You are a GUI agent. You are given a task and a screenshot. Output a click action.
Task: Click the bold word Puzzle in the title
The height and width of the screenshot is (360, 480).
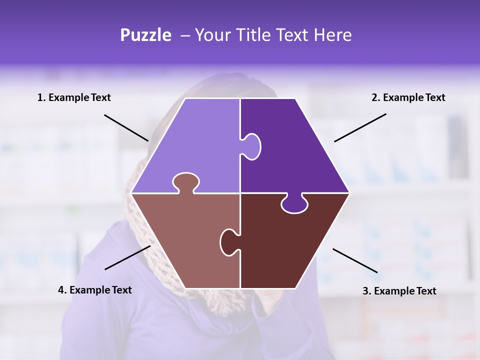tap(145, 35)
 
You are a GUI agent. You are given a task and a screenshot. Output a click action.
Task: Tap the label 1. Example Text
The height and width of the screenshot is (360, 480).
tap(74, 97)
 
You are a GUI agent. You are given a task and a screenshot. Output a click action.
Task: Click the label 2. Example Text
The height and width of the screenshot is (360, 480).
tap(408, 97)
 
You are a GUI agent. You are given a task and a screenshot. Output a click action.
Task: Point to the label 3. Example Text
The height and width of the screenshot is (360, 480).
tap(399, 291)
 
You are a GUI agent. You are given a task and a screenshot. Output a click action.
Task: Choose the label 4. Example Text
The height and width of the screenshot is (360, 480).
tap(95, 290)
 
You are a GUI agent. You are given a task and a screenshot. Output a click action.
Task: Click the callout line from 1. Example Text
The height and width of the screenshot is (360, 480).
tap(126, 127)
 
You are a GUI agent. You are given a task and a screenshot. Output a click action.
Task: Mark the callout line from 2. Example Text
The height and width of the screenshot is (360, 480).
tap(360, 127)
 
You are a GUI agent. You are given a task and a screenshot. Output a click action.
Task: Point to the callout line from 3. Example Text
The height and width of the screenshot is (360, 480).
tap(355, 260)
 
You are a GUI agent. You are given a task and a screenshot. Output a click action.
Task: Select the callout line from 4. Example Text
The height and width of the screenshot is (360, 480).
tap(127, 257)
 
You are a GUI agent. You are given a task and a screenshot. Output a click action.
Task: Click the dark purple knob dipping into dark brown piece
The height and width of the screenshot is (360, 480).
tap(295, 204)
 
